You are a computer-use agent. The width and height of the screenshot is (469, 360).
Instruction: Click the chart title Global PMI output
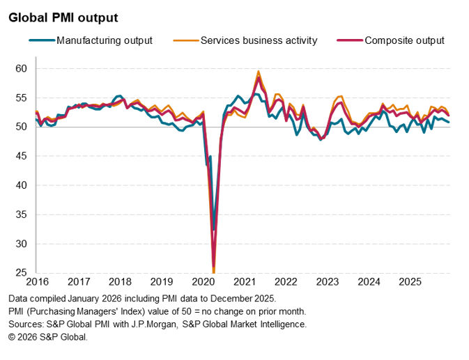[63, 17]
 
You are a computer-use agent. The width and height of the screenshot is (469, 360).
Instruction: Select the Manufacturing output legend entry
[104, 40]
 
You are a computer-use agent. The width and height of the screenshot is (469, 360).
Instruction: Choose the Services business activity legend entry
[259, 40]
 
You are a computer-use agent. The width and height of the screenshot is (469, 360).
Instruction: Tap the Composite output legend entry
[404, 40]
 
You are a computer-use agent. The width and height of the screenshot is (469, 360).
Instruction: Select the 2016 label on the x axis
[38, 282]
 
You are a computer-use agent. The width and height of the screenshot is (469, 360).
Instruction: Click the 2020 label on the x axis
[203, 282]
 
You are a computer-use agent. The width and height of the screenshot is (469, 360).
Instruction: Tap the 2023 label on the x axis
[327, 282]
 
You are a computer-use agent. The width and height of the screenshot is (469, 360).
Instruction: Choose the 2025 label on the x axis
[410, 282]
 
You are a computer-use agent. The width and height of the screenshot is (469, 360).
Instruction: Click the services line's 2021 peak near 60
[259, 71]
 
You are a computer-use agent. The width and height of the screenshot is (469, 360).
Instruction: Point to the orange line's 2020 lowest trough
[213, 272]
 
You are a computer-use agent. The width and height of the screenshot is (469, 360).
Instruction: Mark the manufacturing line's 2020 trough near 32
[214, 229]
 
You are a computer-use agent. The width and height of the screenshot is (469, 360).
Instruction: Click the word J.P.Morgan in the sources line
[186, 324]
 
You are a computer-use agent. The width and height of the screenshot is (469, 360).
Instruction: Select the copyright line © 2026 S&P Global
[48, 337]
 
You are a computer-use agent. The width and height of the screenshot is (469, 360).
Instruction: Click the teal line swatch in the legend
[42, 40]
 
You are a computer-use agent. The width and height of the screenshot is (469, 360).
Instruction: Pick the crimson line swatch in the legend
[351, 40]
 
